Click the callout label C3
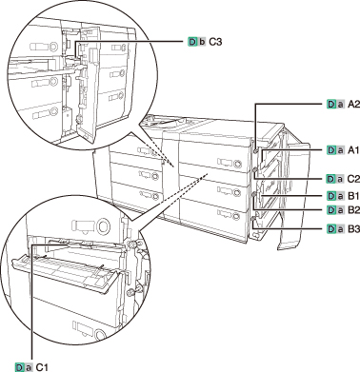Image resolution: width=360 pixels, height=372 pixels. click(x=215, y=42)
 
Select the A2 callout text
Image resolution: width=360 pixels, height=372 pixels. click(x=353, y=105)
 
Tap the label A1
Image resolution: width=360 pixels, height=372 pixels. click(x=353, y=150)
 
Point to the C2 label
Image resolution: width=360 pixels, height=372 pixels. click(x=353, y=179)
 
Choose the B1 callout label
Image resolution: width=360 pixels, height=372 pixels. click(x=353, y=196)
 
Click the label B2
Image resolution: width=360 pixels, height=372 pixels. click(x=353, y=210)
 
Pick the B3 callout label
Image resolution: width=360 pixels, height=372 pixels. click(x=353, y=229)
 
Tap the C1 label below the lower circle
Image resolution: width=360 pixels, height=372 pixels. click(x=42, y=367)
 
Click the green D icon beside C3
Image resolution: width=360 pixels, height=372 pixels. click(x=192, y=42)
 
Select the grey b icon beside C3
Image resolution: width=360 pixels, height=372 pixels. click(x=202, y=42)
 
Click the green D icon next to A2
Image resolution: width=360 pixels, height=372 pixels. click(x=330, y=105)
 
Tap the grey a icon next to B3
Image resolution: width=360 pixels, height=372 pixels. click(x=340, y=229)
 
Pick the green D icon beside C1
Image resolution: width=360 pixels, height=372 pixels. click(x=20, y=367)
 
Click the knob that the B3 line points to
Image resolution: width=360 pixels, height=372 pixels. click(x=253, y=219)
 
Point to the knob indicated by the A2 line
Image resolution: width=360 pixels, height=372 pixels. click(x=256, y=150)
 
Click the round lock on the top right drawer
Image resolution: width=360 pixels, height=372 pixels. click(x=237, y=164)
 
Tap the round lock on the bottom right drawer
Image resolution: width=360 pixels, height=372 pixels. click(x=236, y=217)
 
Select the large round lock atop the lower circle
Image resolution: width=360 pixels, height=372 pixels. click(x=103, y=226)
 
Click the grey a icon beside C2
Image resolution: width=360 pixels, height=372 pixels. click(x=340, y=179)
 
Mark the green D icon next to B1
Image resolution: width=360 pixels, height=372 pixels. click(x=330, y=196)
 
